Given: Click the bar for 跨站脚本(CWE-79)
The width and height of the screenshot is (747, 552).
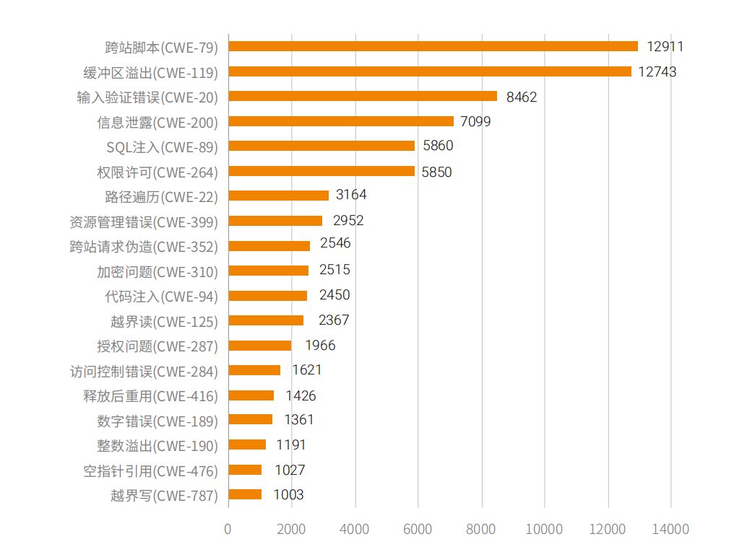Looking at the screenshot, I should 433,46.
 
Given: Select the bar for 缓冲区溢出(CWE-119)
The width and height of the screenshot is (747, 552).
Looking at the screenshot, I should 430,71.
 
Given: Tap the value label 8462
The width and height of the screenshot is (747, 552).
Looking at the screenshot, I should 522,97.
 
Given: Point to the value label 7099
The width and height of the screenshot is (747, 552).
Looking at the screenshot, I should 475,121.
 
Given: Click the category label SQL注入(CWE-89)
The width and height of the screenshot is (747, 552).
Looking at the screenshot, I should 162,147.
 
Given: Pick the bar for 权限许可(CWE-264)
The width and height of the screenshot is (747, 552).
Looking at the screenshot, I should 321,171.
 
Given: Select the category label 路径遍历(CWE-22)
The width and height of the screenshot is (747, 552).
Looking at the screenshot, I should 161,196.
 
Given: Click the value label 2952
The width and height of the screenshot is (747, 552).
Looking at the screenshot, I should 348,221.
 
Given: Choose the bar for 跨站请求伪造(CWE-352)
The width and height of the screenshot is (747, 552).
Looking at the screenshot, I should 269,245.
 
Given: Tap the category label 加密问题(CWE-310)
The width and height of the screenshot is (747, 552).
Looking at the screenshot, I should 157,271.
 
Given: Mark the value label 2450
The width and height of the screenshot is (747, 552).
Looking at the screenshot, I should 334,295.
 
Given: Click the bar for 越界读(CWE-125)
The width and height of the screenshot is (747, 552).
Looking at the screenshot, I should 266,320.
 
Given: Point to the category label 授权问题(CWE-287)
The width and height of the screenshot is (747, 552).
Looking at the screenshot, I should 157,346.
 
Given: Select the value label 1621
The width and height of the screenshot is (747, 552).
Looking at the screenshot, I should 307,370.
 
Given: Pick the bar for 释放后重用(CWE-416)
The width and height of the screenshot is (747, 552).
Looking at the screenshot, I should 251,395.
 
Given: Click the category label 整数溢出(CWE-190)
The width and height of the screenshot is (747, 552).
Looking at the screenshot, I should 157,446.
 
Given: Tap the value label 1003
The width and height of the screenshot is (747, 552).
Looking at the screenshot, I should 289,495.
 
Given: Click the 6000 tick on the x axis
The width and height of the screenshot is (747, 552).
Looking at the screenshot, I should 418,530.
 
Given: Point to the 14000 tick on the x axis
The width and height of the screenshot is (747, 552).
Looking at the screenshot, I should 670,530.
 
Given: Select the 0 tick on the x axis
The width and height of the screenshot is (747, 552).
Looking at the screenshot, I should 228,530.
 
